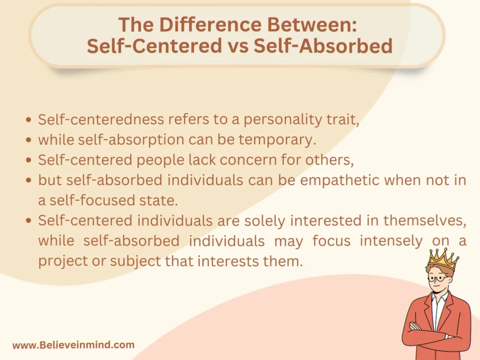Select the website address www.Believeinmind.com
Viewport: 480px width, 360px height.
point(74,345)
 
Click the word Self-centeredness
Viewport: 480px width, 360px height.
point(94,120)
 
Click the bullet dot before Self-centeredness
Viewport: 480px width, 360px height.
point(29,120)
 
